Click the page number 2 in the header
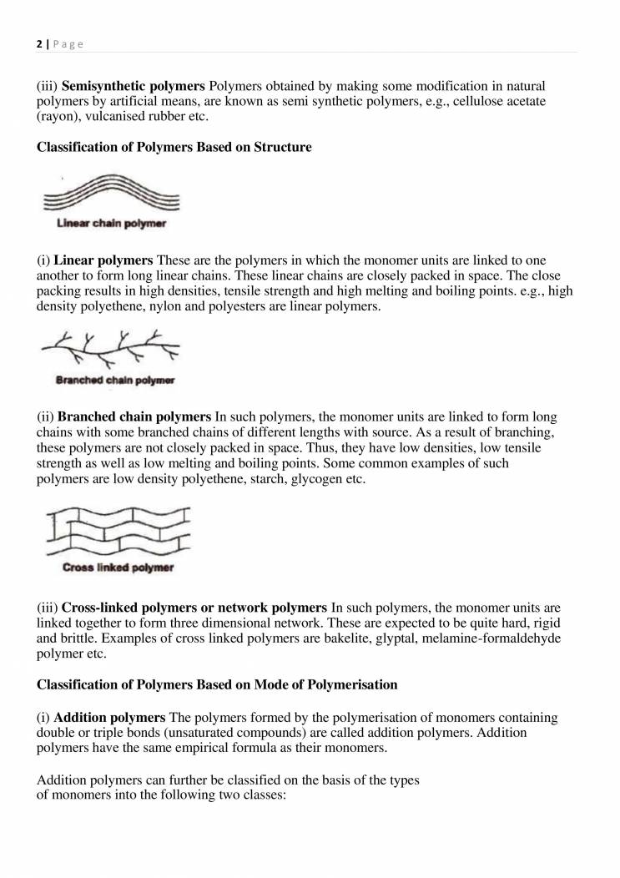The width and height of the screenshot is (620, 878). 39,44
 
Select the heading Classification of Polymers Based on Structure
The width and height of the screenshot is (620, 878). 174,148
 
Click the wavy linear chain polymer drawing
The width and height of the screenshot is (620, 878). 112,194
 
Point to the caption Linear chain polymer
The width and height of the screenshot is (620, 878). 111,224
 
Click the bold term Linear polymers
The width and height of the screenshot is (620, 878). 103,261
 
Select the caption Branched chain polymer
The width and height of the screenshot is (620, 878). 115,381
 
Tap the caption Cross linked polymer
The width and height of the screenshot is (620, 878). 118,568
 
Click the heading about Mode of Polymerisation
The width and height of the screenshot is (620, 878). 217,684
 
